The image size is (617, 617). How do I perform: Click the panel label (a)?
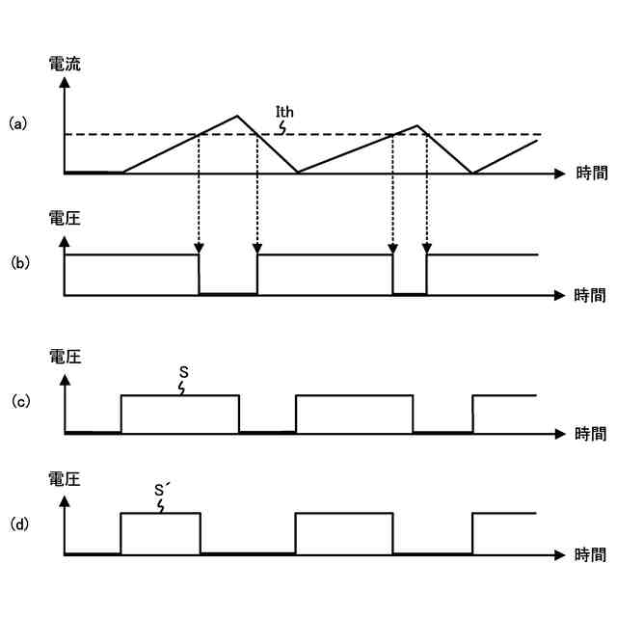[x=17, y=124]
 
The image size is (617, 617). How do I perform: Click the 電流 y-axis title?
[x=65, y=66]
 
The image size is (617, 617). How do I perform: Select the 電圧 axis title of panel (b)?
[x=65, y=219]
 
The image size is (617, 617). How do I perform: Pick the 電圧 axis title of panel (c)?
[x=65, y=357]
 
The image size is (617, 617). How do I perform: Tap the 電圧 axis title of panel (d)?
[x=65, y=477]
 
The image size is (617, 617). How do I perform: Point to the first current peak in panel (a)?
[x=237, y=116]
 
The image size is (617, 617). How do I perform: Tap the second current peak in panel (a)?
[x=417, y=125]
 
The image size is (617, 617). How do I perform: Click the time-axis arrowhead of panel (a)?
[x=561, y=174]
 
